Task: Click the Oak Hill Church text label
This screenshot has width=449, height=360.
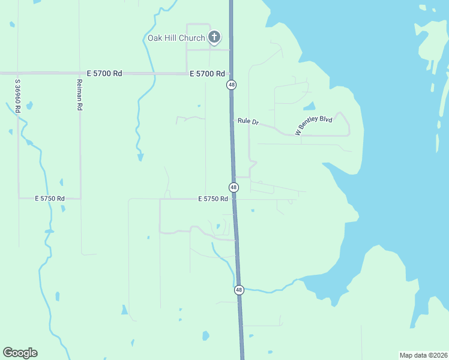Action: (176, 38)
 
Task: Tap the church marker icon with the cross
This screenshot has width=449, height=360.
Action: (214, 37)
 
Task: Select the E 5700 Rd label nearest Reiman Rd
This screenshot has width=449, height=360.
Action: (104, 73)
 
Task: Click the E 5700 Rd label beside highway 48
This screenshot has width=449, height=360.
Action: (207, 74)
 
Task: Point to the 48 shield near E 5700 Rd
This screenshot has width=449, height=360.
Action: (231, 85)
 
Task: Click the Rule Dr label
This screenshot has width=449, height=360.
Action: (248, 121)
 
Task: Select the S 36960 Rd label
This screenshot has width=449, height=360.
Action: (19, 96)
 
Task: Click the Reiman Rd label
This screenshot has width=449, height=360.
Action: (79, 95)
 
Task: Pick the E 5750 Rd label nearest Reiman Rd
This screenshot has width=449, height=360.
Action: (49, 198)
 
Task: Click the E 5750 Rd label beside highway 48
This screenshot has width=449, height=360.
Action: (212, 199)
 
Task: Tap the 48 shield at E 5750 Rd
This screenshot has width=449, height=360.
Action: (234, 187)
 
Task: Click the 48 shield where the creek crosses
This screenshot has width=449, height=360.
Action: (239, 290)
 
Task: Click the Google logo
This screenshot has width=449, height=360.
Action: (20, 353)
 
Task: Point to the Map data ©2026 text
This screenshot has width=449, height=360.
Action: (424, 355)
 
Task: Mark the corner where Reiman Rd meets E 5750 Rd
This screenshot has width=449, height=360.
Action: (80, 198)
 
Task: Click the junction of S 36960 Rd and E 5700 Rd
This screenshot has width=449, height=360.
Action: (18, 73)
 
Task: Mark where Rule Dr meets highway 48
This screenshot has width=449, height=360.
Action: (232, 121)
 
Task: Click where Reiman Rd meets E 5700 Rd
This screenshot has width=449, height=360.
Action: (80, 73)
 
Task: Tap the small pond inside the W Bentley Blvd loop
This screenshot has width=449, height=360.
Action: (309, 107)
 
